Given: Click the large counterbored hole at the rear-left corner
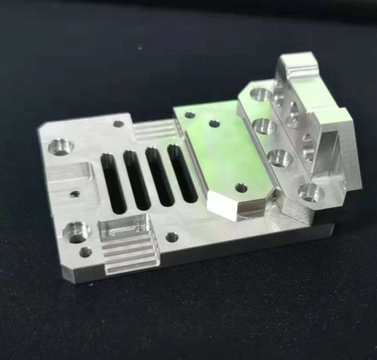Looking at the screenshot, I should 60,146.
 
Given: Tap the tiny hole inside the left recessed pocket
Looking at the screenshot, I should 74,193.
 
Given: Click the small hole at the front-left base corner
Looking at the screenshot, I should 85,252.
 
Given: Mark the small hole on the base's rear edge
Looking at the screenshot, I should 119,124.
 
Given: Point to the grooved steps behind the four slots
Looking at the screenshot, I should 155,130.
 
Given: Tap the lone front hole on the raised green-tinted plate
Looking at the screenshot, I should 241,188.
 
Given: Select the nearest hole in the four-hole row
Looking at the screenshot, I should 311,193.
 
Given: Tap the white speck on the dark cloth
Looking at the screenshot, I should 140,46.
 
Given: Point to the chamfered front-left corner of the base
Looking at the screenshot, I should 68,274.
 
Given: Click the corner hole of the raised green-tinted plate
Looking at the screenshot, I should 190,115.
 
